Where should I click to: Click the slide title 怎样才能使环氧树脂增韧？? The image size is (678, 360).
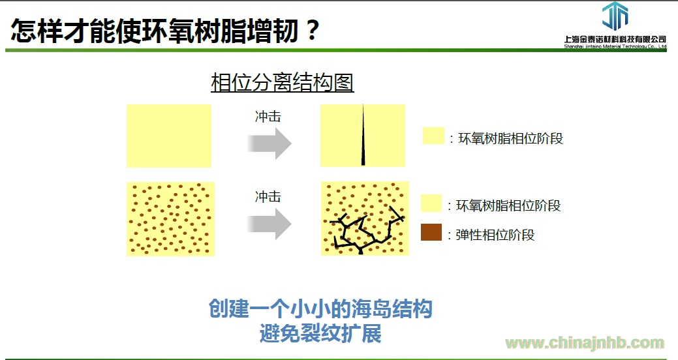tap(165, 31)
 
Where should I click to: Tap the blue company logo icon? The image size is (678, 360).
tap(615, 16)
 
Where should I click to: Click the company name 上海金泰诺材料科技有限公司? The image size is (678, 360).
tap(615, 39)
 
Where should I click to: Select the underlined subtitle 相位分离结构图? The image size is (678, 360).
tap(283, 83)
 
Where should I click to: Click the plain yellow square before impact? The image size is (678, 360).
tap(169, 136)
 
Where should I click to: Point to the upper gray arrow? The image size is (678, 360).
tap(270, 143)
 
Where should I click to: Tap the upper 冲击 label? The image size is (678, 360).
tap(268, 117)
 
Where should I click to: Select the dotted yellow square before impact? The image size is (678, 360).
tap(170, 218)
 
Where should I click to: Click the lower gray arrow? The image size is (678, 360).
tap(270, 224)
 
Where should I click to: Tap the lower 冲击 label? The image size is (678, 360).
tap(268, 197)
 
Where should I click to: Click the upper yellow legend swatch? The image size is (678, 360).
tap(433, 135)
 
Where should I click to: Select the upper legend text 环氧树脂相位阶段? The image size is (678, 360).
tap(511, 139)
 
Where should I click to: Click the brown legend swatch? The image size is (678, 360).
tap(431, 232)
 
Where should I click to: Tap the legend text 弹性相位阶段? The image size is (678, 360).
tap(495, 235)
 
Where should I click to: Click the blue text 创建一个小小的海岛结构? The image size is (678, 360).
tap(320, 308)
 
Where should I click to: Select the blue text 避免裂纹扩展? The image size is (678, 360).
tap(320, 333)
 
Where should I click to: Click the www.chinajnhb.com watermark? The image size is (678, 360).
tap(585, 343)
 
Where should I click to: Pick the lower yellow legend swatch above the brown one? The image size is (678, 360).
tap(431, 203)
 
